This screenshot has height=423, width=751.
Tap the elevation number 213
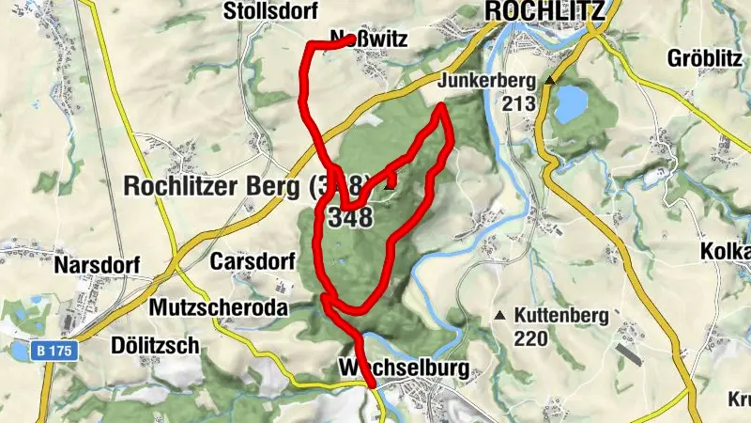(518, 103)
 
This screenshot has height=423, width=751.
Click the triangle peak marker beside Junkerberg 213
(550, 81)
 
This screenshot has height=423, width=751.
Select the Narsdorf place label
(98, 264)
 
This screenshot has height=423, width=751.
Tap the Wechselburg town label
(405, 368)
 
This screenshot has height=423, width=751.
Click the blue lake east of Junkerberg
(570, 103)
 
